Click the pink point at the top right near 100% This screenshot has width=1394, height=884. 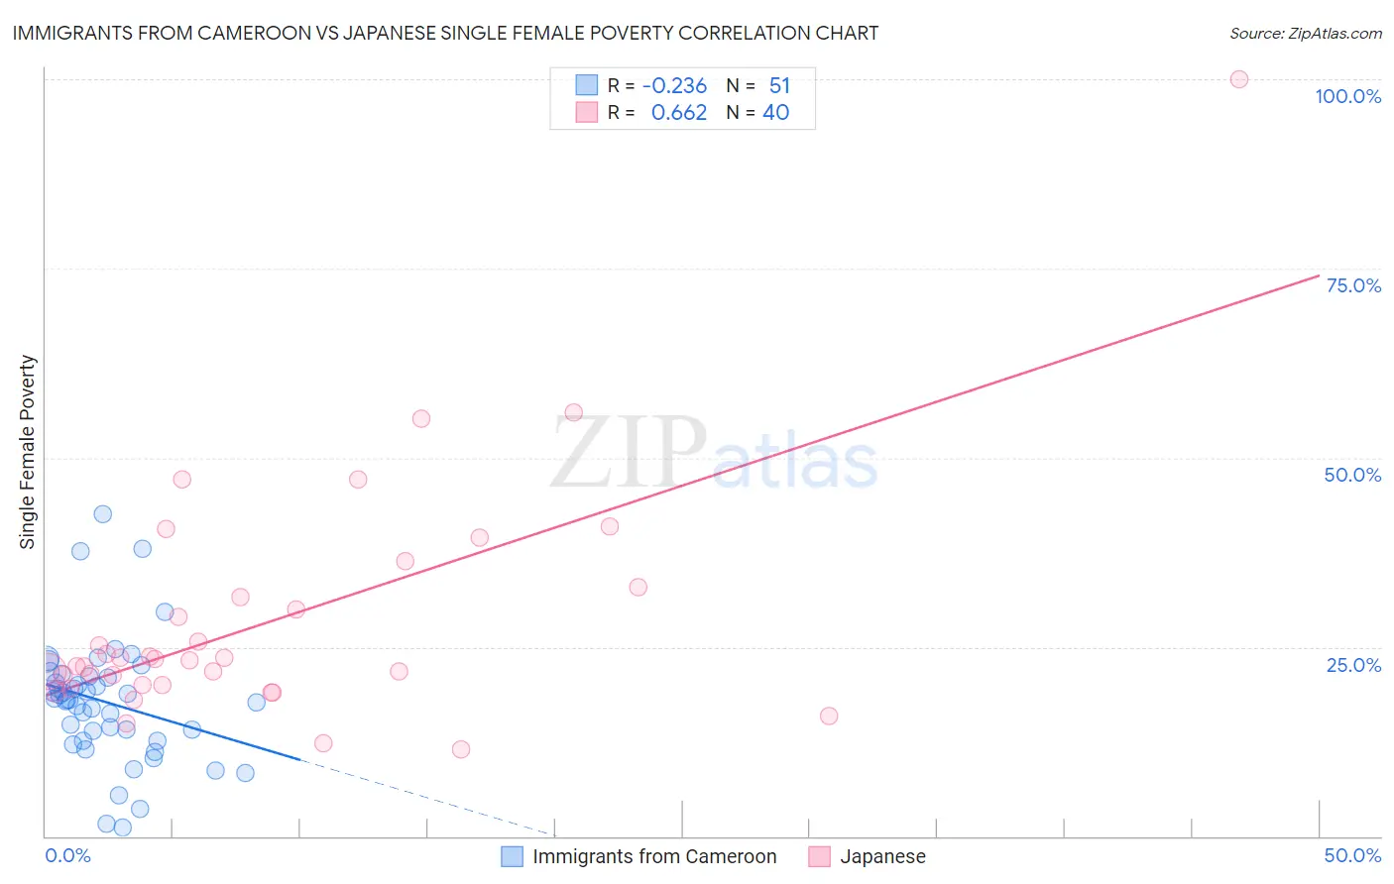point(1238,79)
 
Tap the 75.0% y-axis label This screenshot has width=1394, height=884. point(1353,285)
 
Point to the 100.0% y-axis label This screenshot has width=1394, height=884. point(1347,96)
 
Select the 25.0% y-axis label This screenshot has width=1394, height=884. point(1353,665)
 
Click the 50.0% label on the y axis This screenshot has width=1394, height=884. point(1352,475)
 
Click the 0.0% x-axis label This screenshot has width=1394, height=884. point(67,855)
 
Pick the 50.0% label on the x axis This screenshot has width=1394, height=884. point(1352,855)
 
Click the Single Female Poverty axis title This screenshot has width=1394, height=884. point(28,452)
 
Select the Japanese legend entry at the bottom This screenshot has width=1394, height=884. point(882,856)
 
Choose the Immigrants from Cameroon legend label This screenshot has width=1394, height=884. point(654,856)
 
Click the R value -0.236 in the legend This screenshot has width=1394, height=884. point(674,86)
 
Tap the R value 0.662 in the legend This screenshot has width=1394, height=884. point(678,113)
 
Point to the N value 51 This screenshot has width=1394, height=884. point(779,86)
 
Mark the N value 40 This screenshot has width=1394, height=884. point(775,113)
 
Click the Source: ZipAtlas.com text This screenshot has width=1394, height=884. point(1305,34)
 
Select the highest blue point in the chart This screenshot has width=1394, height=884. point(102,513)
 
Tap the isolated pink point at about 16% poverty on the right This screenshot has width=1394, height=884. point(829,716)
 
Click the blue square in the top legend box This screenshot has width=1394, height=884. point(587,85)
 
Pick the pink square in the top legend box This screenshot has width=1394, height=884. point(587,112)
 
